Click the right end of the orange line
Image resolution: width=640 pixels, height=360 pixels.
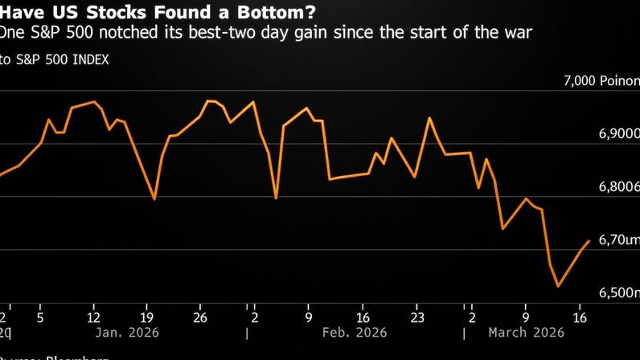589,240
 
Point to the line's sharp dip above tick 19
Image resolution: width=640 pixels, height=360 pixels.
154,198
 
